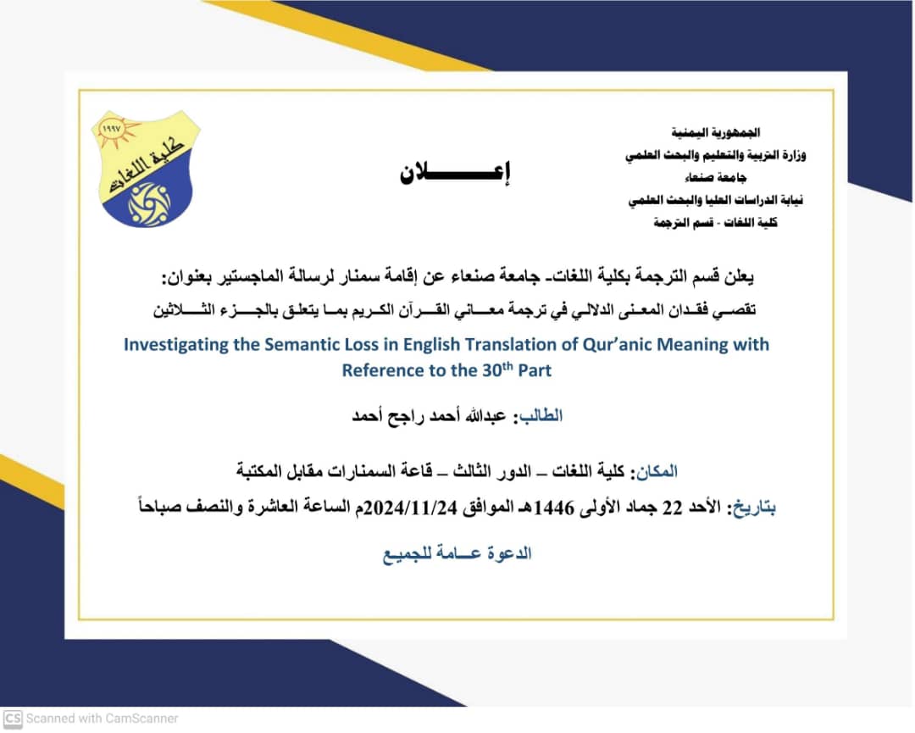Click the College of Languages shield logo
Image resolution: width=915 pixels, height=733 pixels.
(145, 169)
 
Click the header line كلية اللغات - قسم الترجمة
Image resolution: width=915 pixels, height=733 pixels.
(715, 223)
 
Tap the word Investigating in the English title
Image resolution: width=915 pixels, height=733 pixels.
(175, 345)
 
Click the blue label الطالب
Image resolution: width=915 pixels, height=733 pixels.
(540, 417)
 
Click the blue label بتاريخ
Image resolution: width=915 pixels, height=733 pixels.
(752, 508)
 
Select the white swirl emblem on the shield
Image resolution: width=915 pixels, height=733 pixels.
(148, 204)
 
